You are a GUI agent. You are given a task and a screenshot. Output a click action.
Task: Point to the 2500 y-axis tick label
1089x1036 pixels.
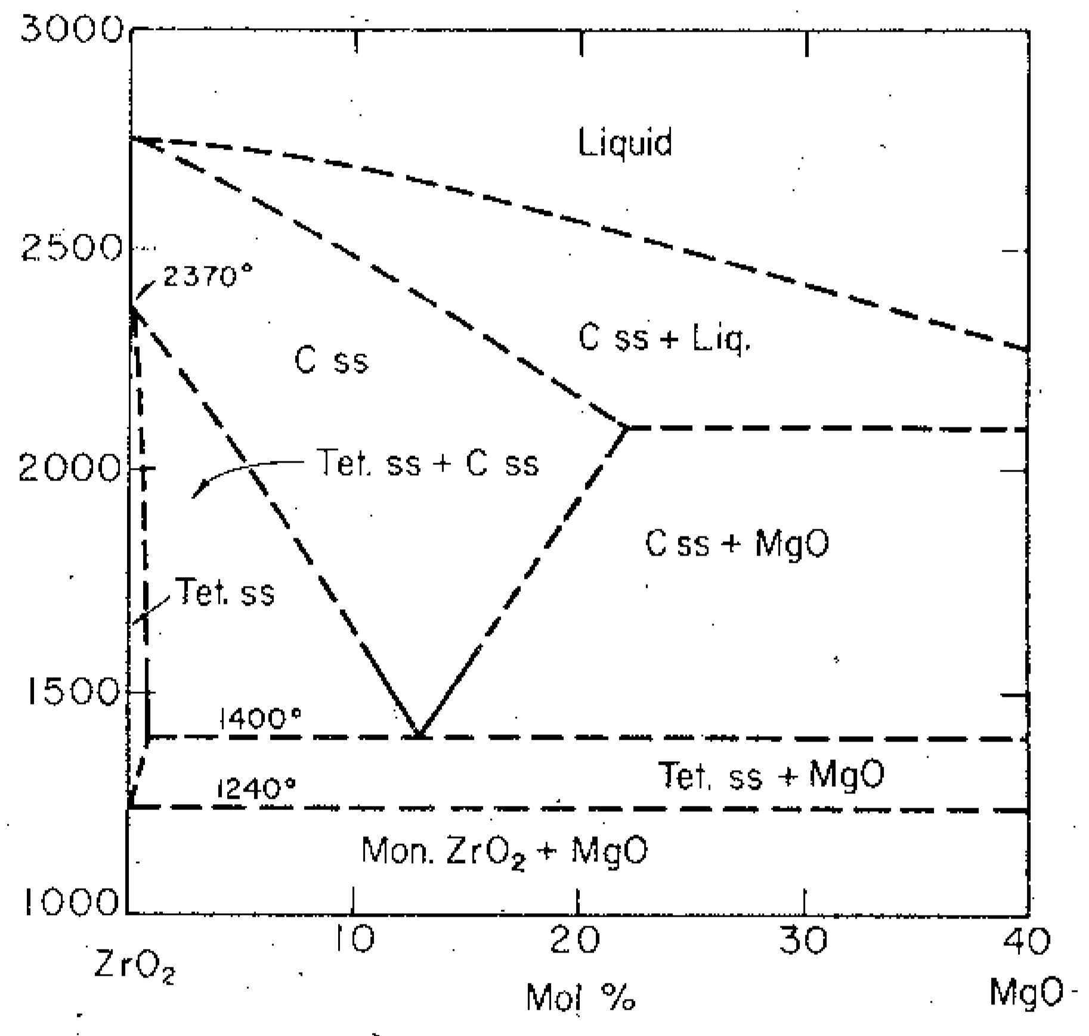(70, 249)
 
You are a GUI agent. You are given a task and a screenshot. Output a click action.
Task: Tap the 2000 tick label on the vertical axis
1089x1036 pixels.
(69, 469)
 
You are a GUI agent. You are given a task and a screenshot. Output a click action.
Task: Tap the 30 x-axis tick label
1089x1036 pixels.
(803, 940)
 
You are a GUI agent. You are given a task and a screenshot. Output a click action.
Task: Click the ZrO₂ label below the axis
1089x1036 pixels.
(135, 969)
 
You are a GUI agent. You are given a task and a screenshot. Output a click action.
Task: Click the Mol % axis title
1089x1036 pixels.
(580, 997)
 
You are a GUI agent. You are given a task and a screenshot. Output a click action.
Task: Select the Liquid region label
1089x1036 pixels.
(625, 142)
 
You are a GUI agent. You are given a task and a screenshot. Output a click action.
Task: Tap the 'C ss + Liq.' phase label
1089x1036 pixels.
(664, 339)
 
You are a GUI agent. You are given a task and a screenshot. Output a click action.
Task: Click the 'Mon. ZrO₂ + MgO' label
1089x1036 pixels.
(505, 851)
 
